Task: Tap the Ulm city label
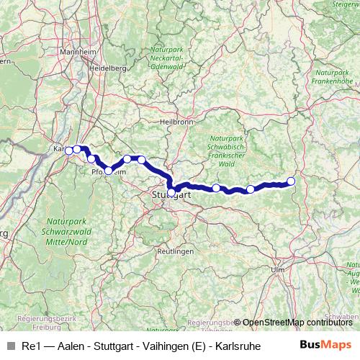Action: pyautogui.click(x=277, y=269)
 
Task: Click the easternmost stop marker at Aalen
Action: pyautogui.click(x=291, y=181)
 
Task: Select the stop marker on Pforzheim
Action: pyautogui.click(x=109, y=171)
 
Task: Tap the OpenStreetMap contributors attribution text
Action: pyautogui.click(x=297, y=322)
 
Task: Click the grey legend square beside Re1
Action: pyautogui.click(x=10, y=346)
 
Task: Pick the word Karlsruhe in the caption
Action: pyautogui.click(x=218, y=346)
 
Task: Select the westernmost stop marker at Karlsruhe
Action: pyautogui.click(x=69, y=150)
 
